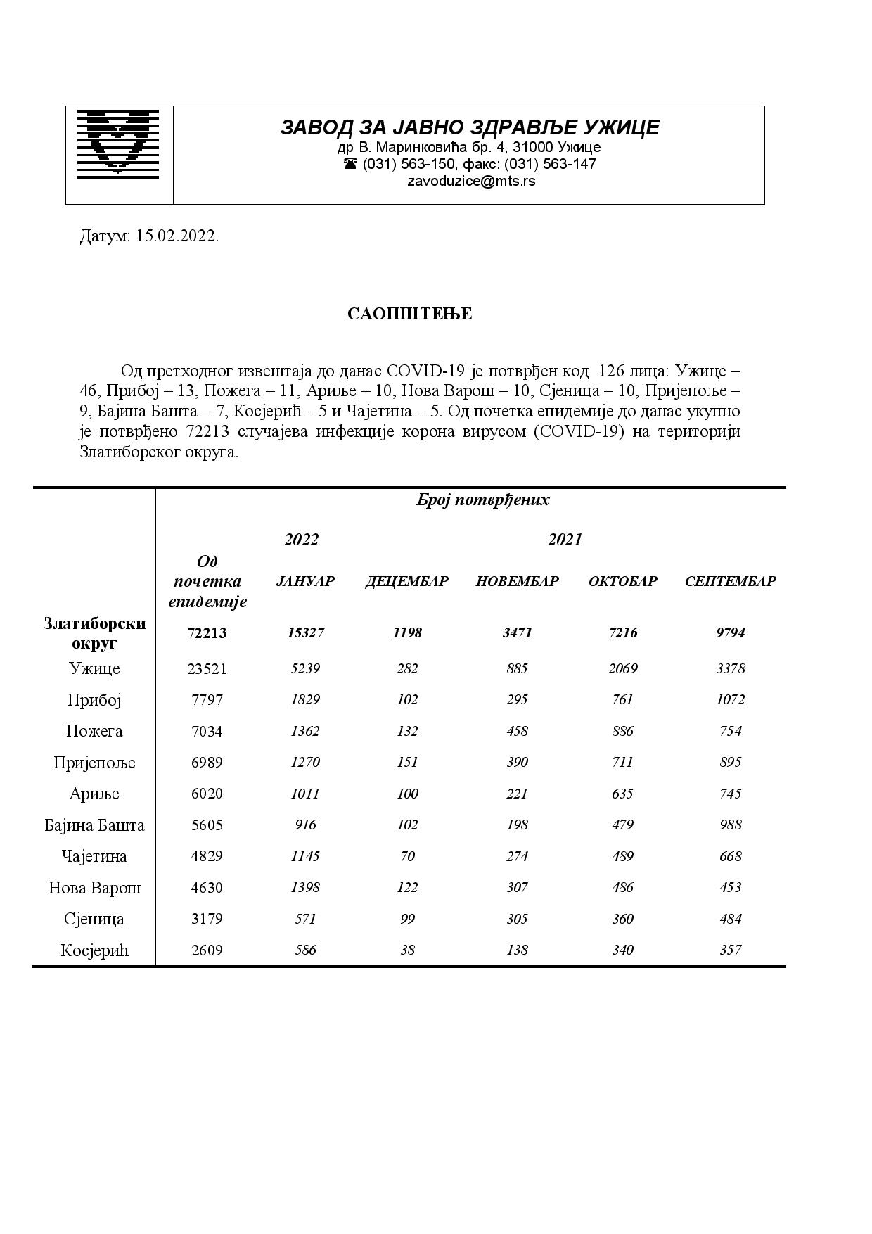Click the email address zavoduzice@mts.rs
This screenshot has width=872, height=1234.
click(x=470, y=181)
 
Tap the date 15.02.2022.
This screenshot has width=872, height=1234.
click(x=177, y=236)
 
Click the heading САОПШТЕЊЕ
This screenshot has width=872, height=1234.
click(x=410, y=314)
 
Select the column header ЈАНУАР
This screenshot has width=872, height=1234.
click(x=305, y=581)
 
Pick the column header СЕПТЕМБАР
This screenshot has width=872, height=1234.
click(x=730, y=581)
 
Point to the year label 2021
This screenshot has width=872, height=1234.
click(x=565, y=540)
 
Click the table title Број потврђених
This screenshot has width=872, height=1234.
click(x=482, y=500)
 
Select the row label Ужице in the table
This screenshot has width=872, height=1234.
click(x=94, y=668)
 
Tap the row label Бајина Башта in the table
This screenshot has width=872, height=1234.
click(x=94, y=825)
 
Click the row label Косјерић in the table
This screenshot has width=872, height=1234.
click(x=94, y=950)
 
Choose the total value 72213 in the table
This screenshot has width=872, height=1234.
click(x=207, y=632)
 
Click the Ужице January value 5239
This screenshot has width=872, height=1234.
click(x=305, y=668)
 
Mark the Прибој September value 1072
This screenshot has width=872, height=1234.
click(x=730, y=699)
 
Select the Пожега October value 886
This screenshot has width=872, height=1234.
click(x=622, y=731)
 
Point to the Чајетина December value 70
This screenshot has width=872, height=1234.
click(x=407, y=856)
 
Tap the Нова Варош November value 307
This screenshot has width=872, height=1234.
click(x=517, y=887)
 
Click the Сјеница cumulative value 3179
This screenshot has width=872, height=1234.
click(x=207, y=919)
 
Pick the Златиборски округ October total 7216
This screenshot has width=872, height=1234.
click(x=622, y=632)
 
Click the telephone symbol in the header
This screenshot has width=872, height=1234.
click(x=350, y=163)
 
